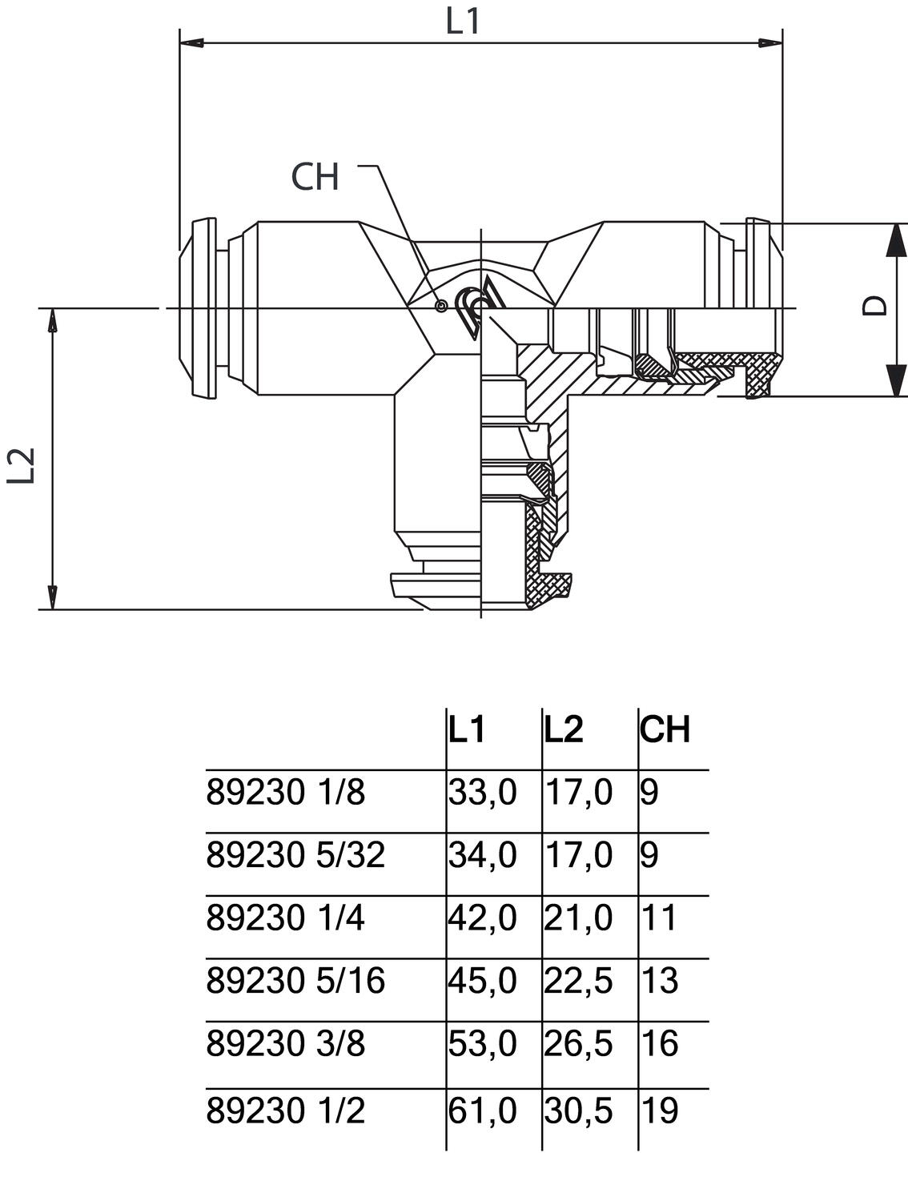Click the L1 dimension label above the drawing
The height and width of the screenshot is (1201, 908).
click(x=463, y=22)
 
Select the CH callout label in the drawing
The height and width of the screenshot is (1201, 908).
click(x=315, y=176)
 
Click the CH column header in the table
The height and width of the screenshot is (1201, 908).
click(x=665, y=729)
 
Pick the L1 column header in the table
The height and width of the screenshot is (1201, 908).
click(x=467, y=729)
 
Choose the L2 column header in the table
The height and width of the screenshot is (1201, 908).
click(x=564, y=729)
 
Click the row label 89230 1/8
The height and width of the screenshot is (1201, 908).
click(x=285, y=793)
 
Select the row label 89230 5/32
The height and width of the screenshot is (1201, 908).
click(x=295, y=855)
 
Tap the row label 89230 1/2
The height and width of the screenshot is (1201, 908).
click(x=285, y=1111)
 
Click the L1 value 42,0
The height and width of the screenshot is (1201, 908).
click(x=482, y=918)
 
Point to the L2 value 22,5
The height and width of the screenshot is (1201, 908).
click(x=578, y=981)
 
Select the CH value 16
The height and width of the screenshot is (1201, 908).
click(x=660, y=1044)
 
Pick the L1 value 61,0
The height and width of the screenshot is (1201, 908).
click(x=482, y=1111)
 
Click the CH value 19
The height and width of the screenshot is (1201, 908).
click(x=660, y=1111)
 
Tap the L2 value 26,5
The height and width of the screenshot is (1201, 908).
click(x=578, y=1044)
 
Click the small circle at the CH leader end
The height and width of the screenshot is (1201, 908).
click(x=440, y=305)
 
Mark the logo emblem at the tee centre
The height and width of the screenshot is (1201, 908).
click(x=477, y=307)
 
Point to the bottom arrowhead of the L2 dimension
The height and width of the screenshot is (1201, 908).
click(x=52, y=596)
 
